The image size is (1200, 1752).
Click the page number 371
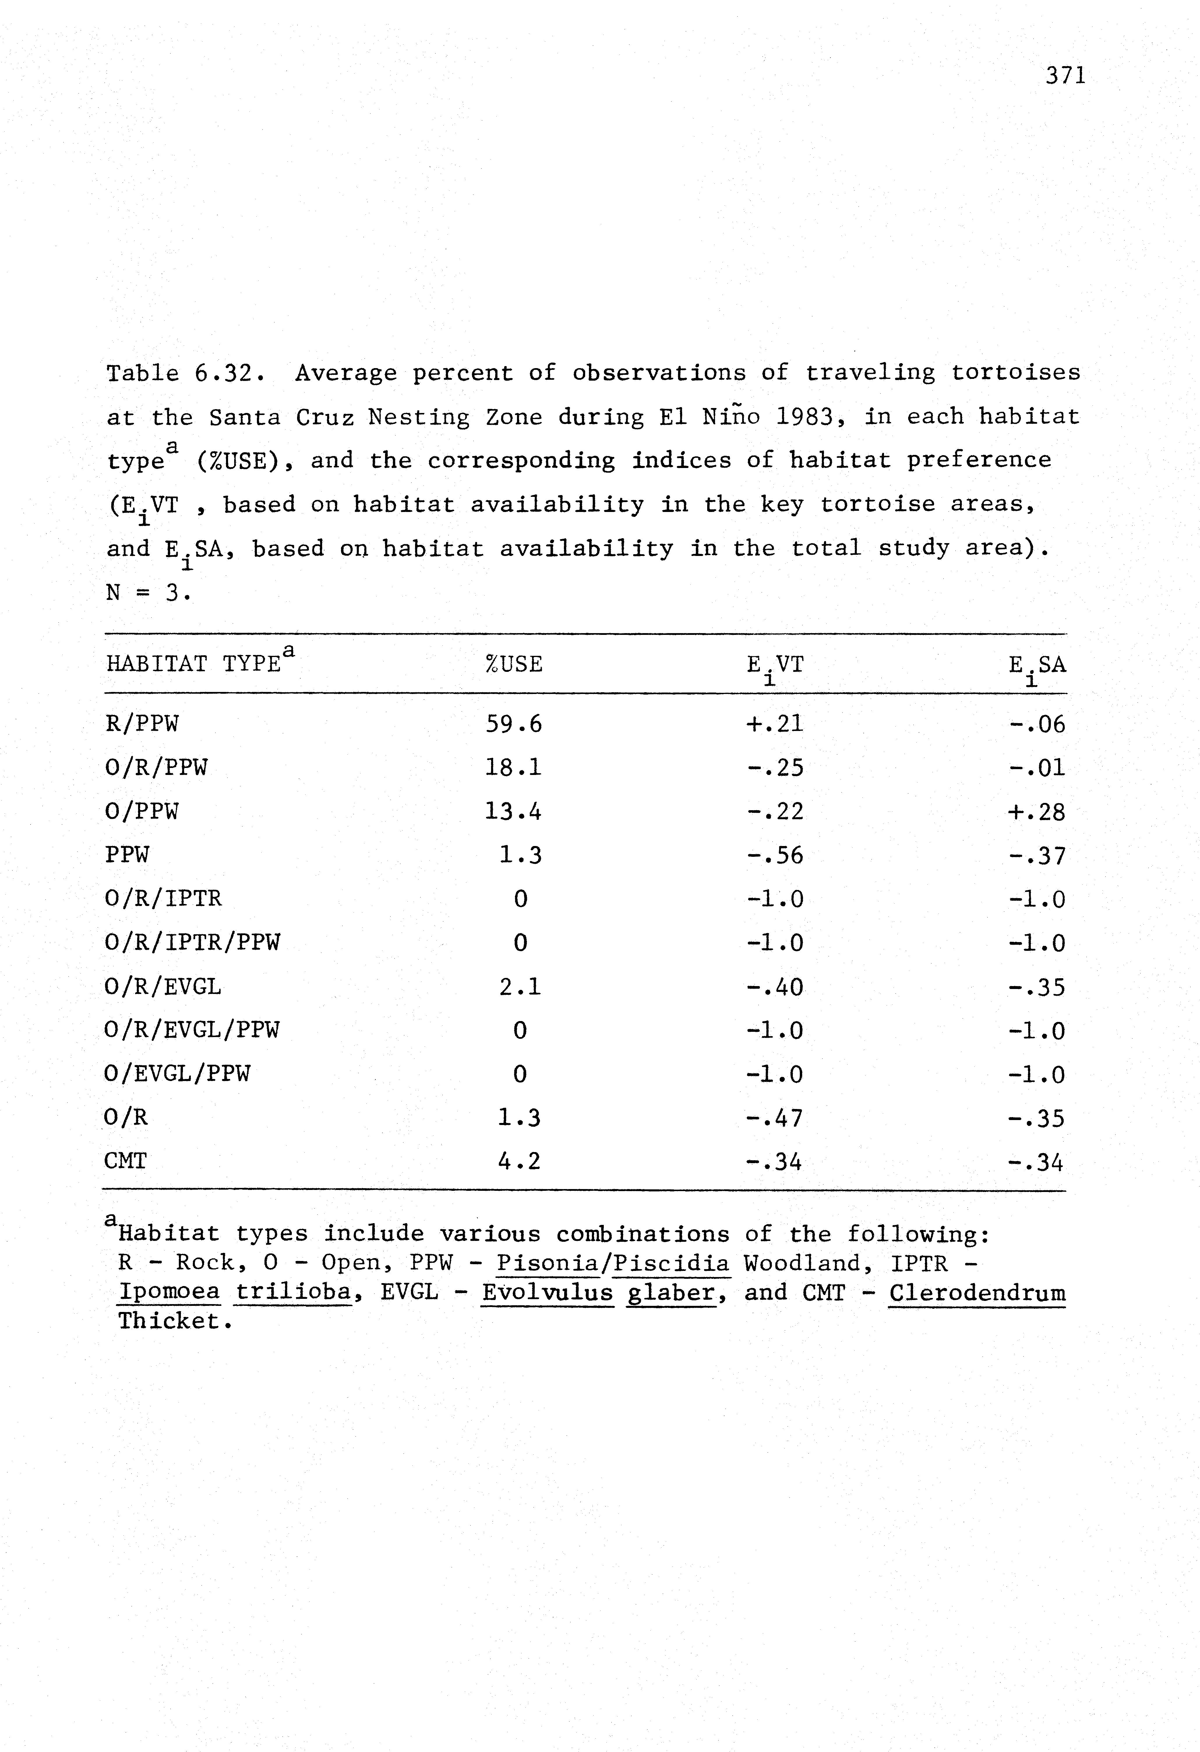coord(1065,76)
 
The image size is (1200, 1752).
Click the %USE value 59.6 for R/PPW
coord(513,725)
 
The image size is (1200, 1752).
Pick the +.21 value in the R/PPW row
coord(774,725)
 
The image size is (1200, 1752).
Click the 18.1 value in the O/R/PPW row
coord(513,768)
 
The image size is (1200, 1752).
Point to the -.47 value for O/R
coord(774,1118)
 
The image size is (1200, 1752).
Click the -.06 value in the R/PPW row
coord(1037,725)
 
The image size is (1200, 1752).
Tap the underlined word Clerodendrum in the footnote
coord(977,1294)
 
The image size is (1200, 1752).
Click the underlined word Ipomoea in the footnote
coord(170,1294)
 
